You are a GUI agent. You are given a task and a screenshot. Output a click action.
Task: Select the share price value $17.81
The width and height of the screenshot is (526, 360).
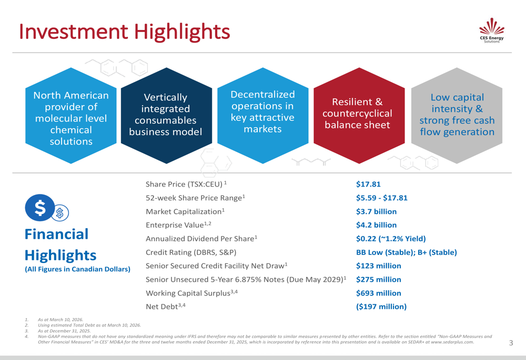368,184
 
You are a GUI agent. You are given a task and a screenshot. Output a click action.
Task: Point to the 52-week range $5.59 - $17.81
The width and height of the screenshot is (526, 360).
381,198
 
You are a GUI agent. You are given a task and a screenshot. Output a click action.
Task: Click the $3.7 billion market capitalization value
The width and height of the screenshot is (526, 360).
376,211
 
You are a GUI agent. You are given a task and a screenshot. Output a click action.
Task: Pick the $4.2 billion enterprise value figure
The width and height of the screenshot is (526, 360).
376,225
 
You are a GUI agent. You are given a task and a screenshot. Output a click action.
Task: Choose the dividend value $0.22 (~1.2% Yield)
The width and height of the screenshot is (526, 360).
391,239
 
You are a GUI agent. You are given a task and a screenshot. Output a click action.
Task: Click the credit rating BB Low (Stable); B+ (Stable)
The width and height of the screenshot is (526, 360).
406,252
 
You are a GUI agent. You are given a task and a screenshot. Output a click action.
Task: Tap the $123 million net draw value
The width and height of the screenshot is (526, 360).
378,266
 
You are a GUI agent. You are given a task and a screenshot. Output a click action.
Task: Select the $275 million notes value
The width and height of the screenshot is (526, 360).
378,280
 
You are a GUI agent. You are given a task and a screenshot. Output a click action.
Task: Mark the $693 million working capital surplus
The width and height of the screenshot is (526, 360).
378,293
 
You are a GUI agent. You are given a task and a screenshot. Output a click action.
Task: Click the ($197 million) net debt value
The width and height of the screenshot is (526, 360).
381,306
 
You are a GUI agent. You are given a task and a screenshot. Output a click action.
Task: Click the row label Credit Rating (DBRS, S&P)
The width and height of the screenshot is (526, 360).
194,252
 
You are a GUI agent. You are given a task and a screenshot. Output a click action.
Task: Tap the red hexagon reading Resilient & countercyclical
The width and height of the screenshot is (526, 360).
357,113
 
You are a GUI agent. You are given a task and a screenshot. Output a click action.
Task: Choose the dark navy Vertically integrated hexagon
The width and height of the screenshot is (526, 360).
166,114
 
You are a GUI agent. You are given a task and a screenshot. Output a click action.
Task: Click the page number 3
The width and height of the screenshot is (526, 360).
511,343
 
